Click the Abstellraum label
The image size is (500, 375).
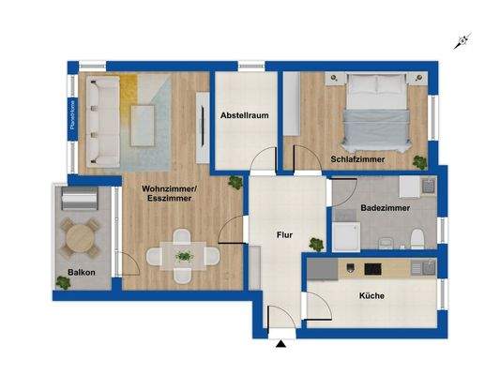pyautogui.click(x=246, y=116)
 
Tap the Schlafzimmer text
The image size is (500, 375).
pyautogui.click(x=359, y=159)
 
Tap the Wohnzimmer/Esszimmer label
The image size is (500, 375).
pyautogui.click(x=169, y=194)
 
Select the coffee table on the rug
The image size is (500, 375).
pyautogui.click(x=144, y=122)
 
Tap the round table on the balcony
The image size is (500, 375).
pyautogui.click(x=82, y=238)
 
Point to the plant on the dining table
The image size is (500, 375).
pyautogui.click(x=184, y=254)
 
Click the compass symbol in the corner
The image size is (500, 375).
pyautogui.click(x=461, y=40)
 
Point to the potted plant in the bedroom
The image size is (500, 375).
pyautogui.click(x=420, y=163)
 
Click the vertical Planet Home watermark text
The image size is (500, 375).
pyautogui.click(x=70, y=116)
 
